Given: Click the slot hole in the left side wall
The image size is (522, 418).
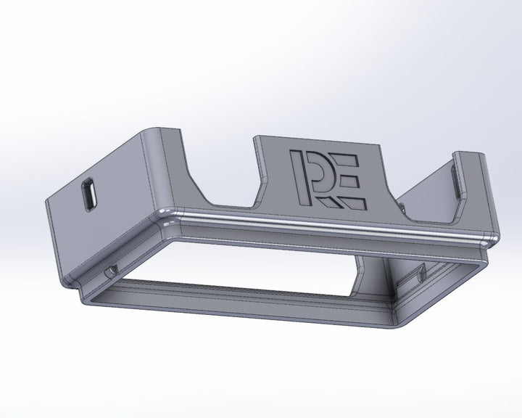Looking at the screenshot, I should click(x=89, y=194).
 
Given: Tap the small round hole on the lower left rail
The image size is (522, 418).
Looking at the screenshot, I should click(x=110, y=271).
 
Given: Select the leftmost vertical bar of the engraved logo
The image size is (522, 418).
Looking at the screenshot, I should click(x=294, y=176).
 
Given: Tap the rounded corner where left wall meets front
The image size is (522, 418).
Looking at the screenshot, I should click(x=158, y=213).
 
